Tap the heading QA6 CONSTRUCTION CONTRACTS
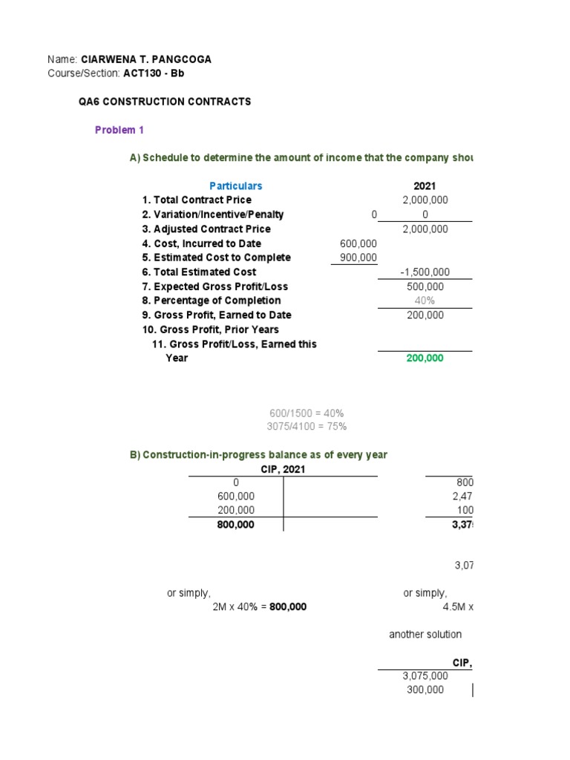(x=165, y=102)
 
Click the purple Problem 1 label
(x=119, y=130)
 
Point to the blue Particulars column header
(x=235, y=186)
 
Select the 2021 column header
(x=425, y=186)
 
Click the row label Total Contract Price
(x=197, y=200)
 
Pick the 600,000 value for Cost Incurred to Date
(x=358, y=243)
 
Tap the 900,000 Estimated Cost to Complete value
(x=358, y=258)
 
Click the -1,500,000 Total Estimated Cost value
(x=424, y=272)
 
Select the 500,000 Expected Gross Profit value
(x=425, y=286)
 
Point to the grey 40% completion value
(x=425, y=301)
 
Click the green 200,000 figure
(x=425, y=358)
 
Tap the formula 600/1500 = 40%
(x=306, y=413)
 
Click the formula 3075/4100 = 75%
(x=306, y=426)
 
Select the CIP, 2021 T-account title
(x=283, y=469)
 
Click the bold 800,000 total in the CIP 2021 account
(x=235, y=525)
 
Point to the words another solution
(x=425, y=635)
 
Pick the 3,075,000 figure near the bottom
(x=425, y=676)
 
